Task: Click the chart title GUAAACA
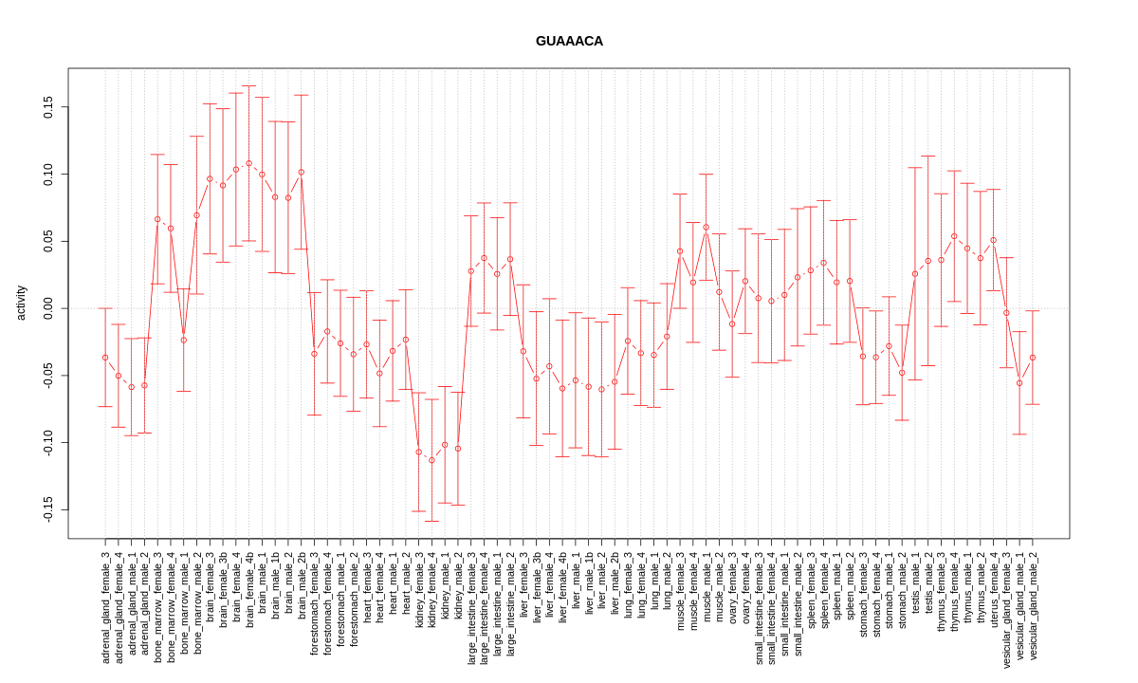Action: click(x=569, y=41)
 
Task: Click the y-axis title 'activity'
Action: click(x=21, y=303)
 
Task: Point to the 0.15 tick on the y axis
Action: click(x=47, y=107)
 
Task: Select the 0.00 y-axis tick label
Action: click(x=47, y=308)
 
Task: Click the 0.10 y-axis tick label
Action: click(x=47, y=175)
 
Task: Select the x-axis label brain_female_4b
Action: click(x=249, y=594)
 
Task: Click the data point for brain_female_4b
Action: click(x=249, y=163)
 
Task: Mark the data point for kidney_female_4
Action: click(x=431, y=460)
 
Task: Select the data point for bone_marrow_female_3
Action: click(x=157, y=219)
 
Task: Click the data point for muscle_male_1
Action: click(x=706, y=228)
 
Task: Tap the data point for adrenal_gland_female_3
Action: click(x=105, y=358)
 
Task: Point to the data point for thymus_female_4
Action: click(x=954, y=236)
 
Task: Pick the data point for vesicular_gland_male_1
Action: click(x=1019, y=383)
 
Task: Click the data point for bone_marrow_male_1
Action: click(x=184, y=340)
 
